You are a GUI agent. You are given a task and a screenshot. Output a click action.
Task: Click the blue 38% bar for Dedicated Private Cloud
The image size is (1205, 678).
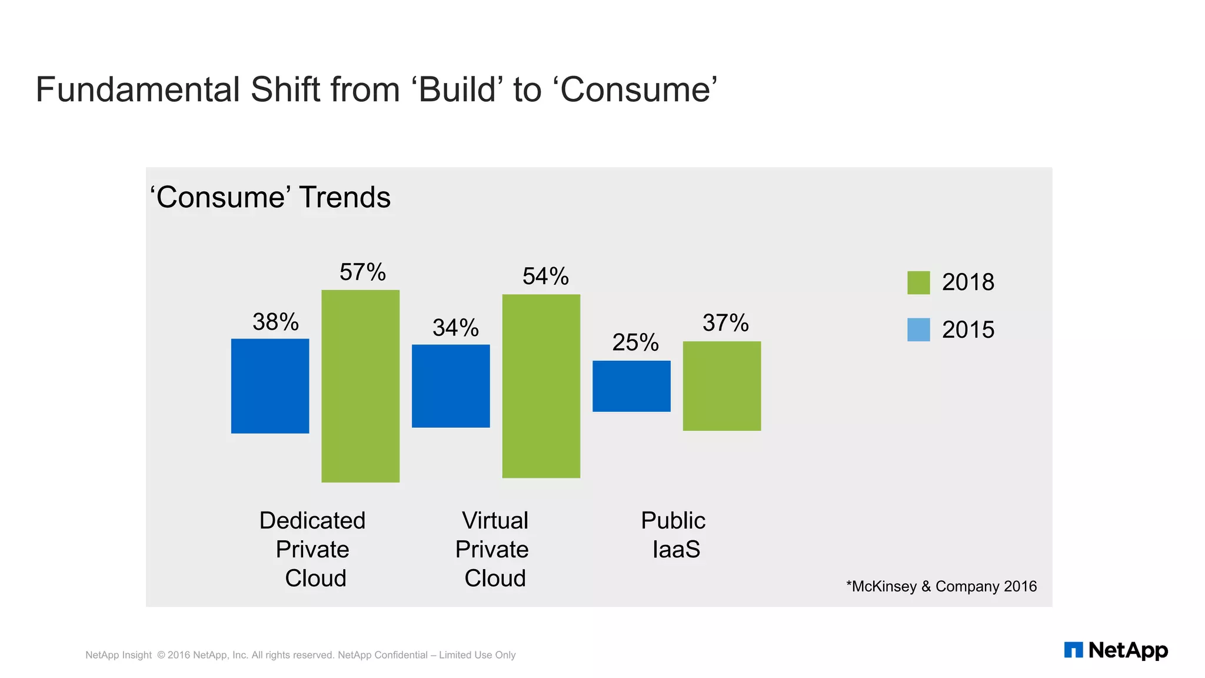click(x=270, y=386)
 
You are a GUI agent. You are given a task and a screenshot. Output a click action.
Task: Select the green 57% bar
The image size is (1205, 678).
click(x=360, y=386)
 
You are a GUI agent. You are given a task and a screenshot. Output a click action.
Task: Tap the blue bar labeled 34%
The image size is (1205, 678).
click(x=451, y=386)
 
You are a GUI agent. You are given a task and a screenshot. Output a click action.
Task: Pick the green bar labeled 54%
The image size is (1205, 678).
click(x=541, y=386)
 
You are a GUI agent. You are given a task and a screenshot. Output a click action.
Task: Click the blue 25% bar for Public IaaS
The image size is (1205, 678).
click(x=631, y=386)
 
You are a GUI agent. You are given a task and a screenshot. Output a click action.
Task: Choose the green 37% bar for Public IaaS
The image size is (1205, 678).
click(x=722, y=386)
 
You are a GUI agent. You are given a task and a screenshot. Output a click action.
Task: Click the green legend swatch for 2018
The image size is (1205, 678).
click(x=918, y=282)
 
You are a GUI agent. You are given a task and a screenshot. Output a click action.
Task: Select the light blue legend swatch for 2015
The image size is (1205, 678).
click(x=918, y=330)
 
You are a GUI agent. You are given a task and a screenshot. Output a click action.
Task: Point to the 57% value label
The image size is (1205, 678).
click(x=362, y=272)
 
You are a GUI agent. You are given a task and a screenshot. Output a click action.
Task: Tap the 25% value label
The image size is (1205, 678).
click(x=635, y=343)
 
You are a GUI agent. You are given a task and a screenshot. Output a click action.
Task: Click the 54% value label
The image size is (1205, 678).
click(x=545, y=277)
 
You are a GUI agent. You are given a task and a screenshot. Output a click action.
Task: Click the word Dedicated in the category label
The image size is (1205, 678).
click(x=312, y=521)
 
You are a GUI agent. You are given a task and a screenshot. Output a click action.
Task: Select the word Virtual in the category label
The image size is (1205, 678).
click(x=495, y=521)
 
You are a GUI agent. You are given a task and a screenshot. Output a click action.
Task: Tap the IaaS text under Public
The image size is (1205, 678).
click(x=676, y=550)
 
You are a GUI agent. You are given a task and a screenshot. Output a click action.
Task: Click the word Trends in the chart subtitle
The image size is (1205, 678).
click(x=345, y=198)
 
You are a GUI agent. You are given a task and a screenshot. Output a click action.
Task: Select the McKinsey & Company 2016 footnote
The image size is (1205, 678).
click(x=941, y=587)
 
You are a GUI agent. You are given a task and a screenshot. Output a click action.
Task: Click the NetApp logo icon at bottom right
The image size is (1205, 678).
click(x=1073, y=650)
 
